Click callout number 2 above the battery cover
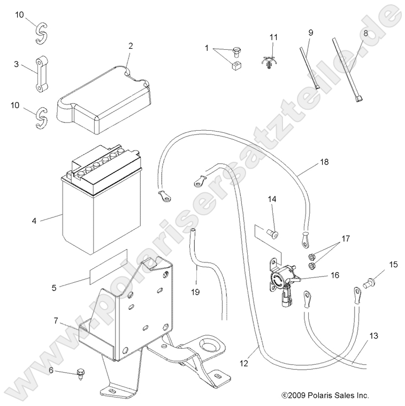(129, 46)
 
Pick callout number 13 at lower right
(373, 336)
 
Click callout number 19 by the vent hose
(196, 292)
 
